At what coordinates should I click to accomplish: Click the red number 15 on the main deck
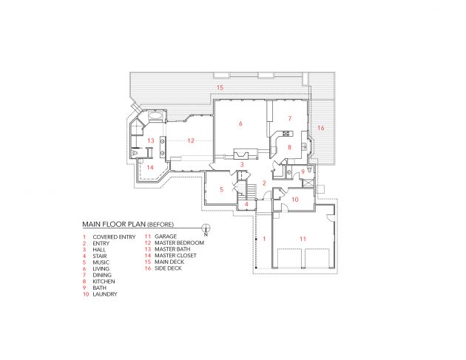[x=220, y=88]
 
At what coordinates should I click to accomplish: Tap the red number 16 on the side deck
[x=321, y=128]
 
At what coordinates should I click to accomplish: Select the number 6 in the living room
[x=240, y=123]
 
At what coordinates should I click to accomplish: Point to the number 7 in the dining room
[x=290, y=118]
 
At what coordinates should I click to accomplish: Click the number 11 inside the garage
[x=303, y=239]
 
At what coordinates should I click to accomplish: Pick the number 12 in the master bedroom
[x=191, y=140]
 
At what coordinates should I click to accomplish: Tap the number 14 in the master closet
[x=150, y=168]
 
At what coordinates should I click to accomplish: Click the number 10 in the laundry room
[x=295, y=200]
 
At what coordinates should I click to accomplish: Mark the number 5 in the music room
[x=221, y=189]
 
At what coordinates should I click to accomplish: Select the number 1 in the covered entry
[x=264, y=239]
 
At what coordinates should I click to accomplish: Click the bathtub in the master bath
[x=155, y=116]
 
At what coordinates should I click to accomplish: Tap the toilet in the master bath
[x=136, y=153]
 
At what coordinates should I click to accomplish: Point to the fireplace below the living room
[x=241, y=154]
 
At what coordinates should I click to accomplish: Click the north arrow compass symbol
[x=206, y=228]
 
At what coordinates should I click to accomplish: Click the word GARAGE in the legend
[x=166, y=237]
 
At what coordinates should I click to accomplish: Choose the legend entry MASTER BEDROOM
[x=179, y=242]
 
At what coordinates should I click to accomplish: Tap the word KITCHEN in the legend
[x=104, y=282]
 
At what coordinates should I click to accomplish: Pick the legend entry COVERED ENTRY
[x=114, y=237]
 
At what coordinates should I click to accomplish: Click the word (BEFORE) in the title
[x=161, y=225]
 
